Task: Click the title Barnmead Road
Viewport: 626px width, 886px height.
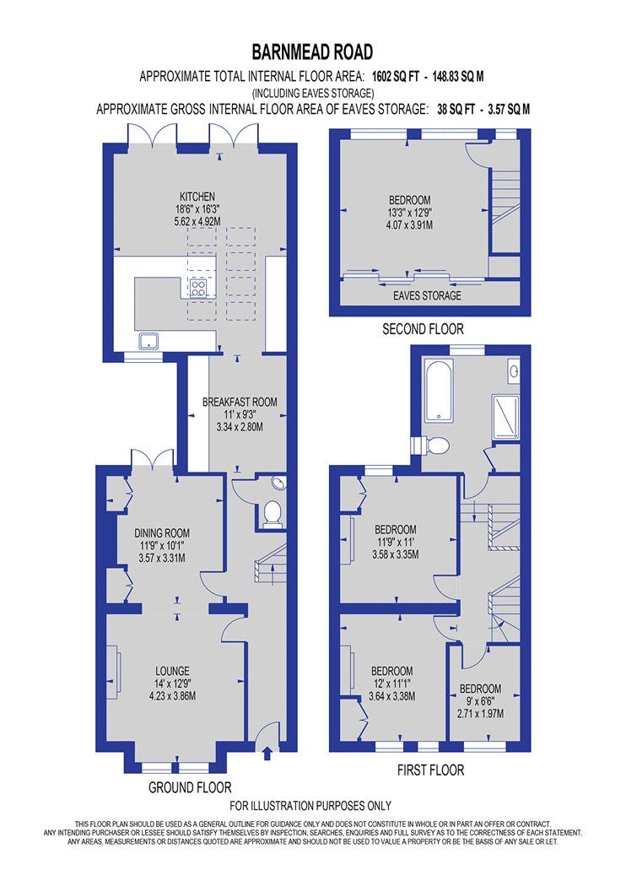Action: click(x=312, y=52)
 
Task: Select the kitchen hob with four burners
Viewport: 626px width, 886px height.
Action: click(x=199, y=289)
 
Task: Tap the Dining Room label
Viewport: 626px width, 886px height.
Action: click(x=161, y=533)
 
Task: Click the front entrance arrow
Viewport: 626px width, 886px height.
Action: click(x=268, y=753)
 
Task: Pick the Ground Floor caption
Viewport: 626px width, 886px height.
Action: click(x=190, y=786)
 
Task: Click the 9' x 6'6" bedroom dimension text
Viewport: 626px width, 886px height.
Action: click(x=480, y=701)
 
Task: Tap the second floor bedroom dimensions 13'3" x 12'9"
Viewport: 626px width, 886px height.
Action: click(x=395, y=214)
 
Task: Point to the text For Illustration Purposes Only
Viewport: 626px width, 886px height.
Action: click(x=310, y=805)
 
